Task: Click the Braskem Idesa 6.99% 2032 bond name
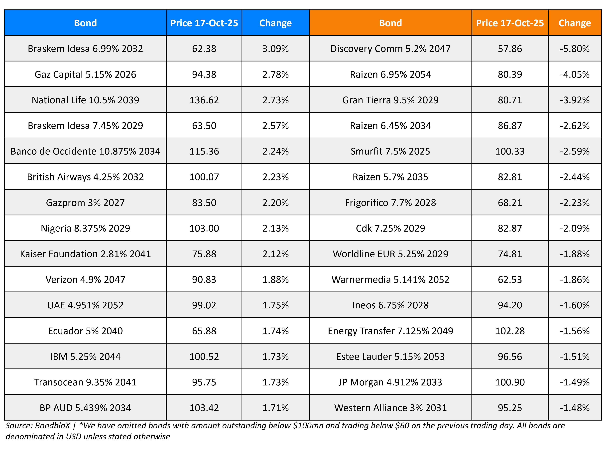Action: (x=85, y=49)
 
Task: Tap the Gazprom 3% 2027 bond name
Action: (x=85, y=203)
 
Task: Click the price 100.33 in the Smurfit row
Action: (x=510, y=151)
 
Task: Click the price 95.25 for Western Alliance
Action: (x=510, y=408)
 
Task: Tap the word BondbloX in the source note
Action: (x=52, y=426)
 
